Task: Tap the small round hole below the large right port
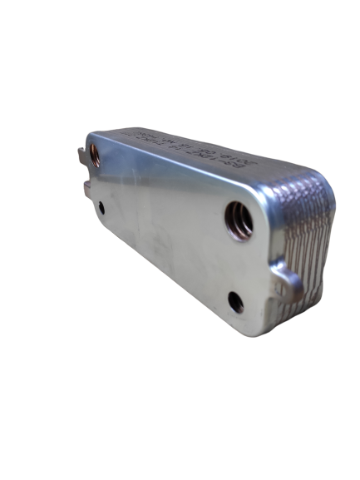click(237, 302)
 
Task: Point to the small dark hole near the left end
click(101, 208)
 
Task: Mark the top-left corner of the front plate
click(91, 137)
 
